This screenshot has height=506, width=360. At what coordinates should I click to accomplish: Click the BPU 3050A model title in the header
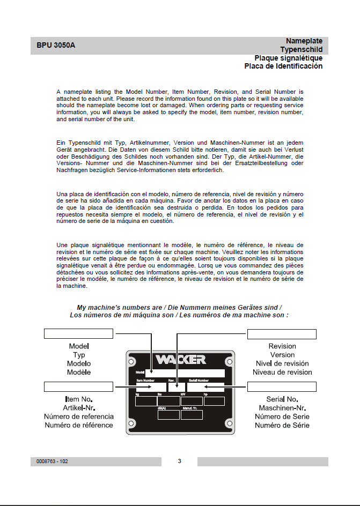click(x=53, y=45)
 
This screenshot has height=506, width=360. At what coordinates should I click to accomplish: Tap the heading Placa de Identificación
click(x=283, y=66)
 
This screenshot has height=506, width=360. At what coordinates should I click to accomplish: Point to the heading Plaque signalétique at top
click(x=288, y=58)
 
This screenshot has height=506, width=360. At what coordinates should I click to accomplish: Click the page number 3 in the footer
click(x=180, y=461)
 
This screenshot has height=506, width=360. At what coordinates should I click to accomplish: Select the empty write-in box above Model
click(x=78, y=334)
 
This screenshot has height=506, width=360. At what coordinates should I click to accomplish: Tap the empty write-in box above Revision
click(x=282, y=334)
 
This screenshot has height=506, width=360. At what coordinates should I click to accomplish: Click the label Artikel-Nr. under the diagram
click(x=78, y=408)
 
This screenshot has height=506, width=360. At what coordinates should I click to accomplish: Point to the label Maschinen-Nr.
click(x=282, y=408)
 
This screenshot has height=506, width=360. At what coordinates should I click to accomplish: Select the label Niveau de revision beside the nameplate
click(x=282, y=372)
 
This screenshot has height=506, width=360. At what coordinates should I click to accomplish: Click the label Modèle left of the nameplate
click(x=79, y=372)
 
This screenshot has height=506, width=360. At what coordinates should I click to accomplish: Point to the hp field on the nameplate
click(x=214, y=401)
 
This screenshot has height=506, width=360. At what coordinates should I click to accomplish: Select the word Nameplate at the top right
click(x=304, y=41)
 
